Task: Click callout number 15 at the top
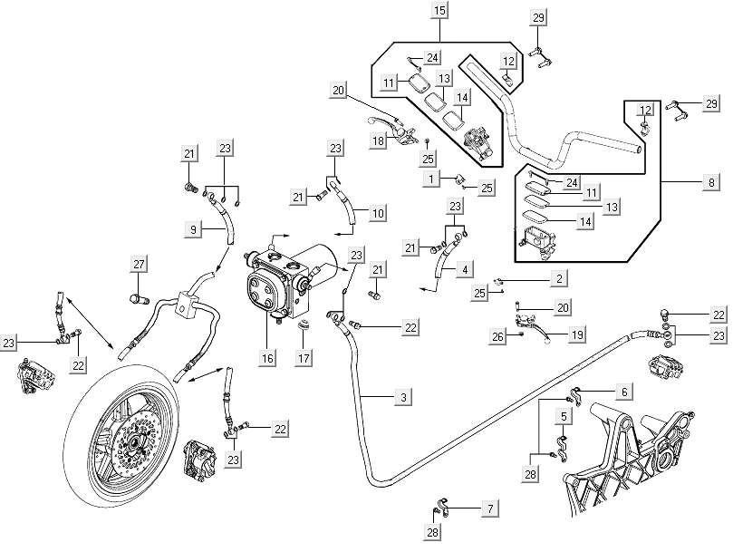(439, 11)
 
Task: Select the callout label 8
(711, 182)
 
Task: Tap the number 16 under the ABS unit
(267, 358)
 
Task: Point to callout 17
(304, 358)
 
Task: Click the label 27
(139, 264)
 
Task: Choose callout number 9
(194, 230)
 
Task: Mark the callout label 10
(378, 212)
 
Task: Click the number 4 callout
(465, 269)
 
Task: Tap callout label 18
(378, 140)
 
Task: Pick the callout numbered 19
(576, 334)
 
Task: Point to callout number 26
(497, 336)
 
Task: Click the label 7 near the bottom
(490, 509)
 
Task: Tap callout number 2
(561, 277)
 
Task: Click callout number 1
(435, 179)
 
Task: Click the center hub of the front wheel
(132, 443)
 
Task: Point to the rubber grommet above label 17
(304, 324)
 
